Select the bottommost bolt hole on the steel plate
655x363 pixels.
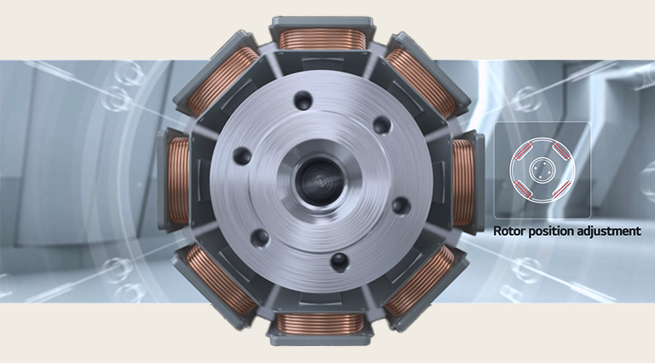339,260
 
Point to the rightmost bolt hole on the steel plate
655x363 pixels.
397,206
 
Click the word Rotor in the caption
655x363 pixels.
509,231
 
